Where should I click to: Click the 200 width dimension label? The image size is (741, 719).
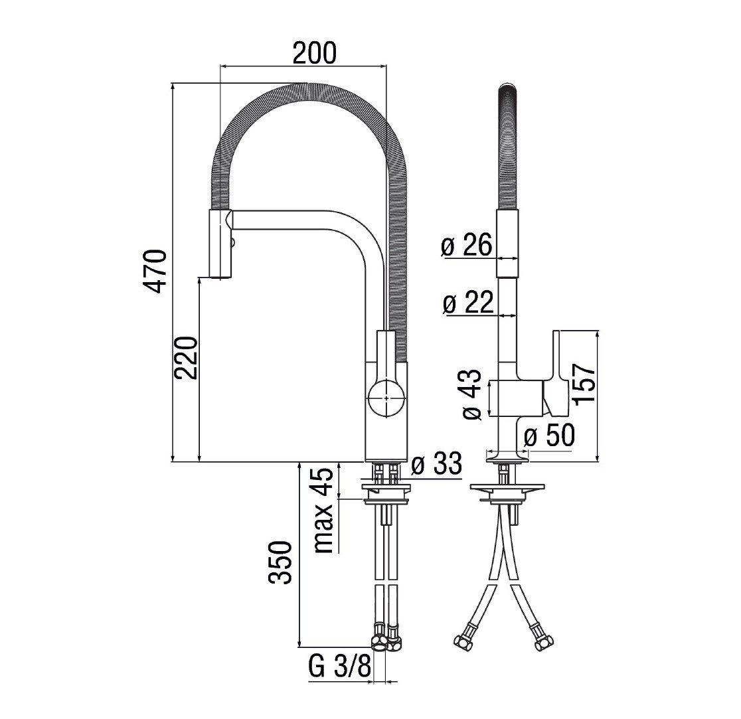[314, 52]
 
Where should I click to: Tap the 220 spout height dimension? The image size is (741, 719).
[185, 358]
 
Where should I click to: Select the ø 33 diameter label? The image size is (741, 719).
[436, 464]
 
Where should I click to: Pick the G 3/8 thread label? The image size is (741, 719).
[340, 666]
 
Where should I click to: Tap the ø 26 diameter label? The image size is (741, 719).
[467, 245]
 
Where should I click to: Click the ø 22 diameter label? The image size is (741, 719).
[468, 302]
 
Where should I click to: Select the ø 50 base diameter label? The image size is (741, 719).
[549, 435]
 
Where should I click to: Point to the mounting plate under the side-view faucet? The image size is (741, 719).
[507, 487]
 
